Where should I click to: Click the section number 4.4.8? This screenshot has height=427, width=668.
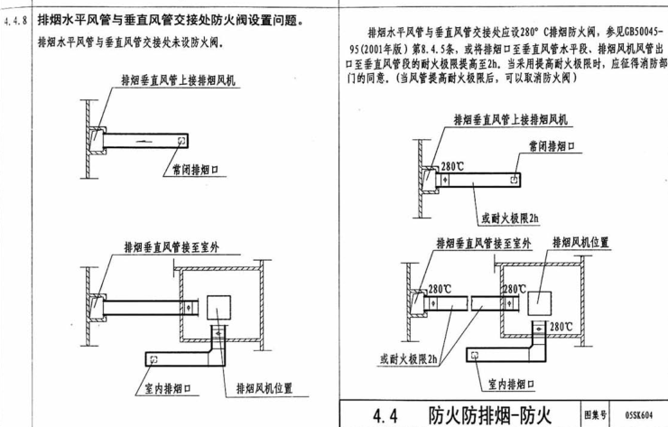(16, 17)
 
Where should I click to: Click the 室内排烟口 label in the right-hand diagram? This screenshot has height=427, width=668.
(508, 384)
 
